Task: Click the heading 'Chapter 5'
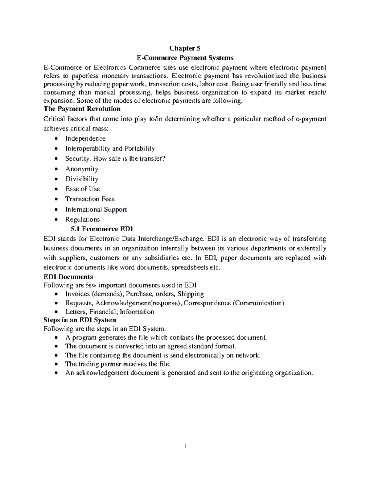[185, 48]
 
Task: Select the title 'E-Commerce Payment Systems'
[185, 58]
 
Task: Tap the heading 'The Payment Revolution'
[82, 109]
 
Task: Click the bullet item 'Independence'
[85, 138]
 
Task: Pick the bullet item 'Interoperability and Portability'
[110, 149]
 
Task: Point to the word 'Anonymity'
[82, 169]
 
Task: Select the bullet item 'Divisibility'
[82, 179]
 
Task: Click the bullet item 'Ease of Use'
[82, 189]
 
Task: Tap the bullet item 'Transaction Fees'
[90, 199]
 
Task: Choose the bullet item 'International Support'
[96, 209]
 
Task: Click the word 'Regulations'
[82, 220]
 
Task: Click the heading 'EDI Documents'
[68, 277]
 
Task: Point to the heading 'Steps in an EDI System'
[80, 320]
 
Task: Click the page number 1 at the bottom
[185, 446]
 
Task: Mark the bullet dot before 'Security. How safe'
[55, 159]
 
